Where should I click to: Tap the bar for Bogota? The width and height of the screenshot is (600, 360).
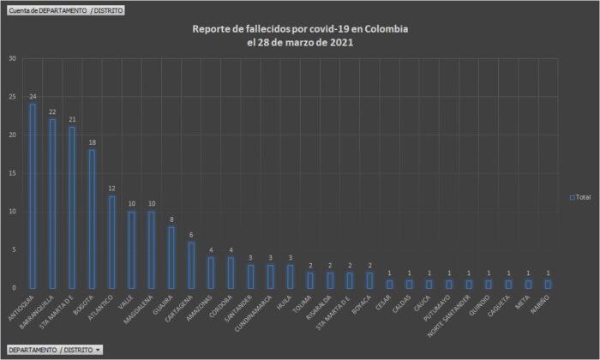click(x=92, y=219)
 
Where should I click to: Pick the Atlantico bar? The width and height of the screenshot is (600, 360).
click(x=111, y=242)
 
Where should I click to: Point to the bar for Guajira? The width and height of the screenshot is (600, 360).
click(x=171, y=257)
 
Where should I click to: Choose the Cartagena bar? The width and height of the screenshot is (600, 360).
click(x=190, y=265)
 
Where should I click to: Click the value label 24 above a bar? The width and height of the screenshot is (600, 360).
click(x=33, y=96)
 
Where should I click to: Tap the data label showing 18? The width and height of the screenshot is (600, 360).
click(x=92, y=142)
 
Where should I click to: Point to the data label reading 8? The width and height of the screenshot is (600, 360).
click(x=171, y=219)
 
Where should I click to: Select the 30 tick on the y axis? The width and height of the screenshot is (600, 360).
click(x=11, y=59)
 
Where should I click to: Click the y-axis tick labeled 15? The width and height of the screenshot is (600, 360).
click(x=11, y=173)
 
